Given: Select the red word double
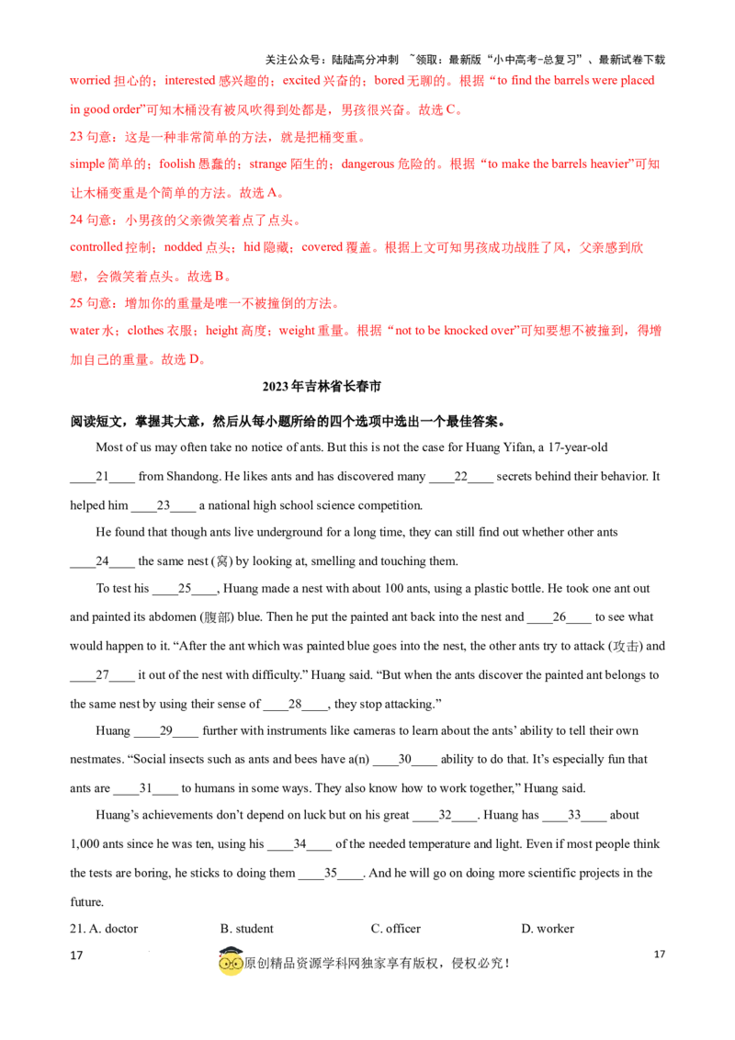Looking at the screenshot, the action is click(171, 164).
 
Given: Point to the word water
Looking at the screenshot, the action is click(81, 331).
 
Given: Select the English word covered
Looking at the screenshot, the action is click(317, 248).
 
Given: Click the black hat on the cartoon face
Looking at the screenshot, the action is click(230, 947).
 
